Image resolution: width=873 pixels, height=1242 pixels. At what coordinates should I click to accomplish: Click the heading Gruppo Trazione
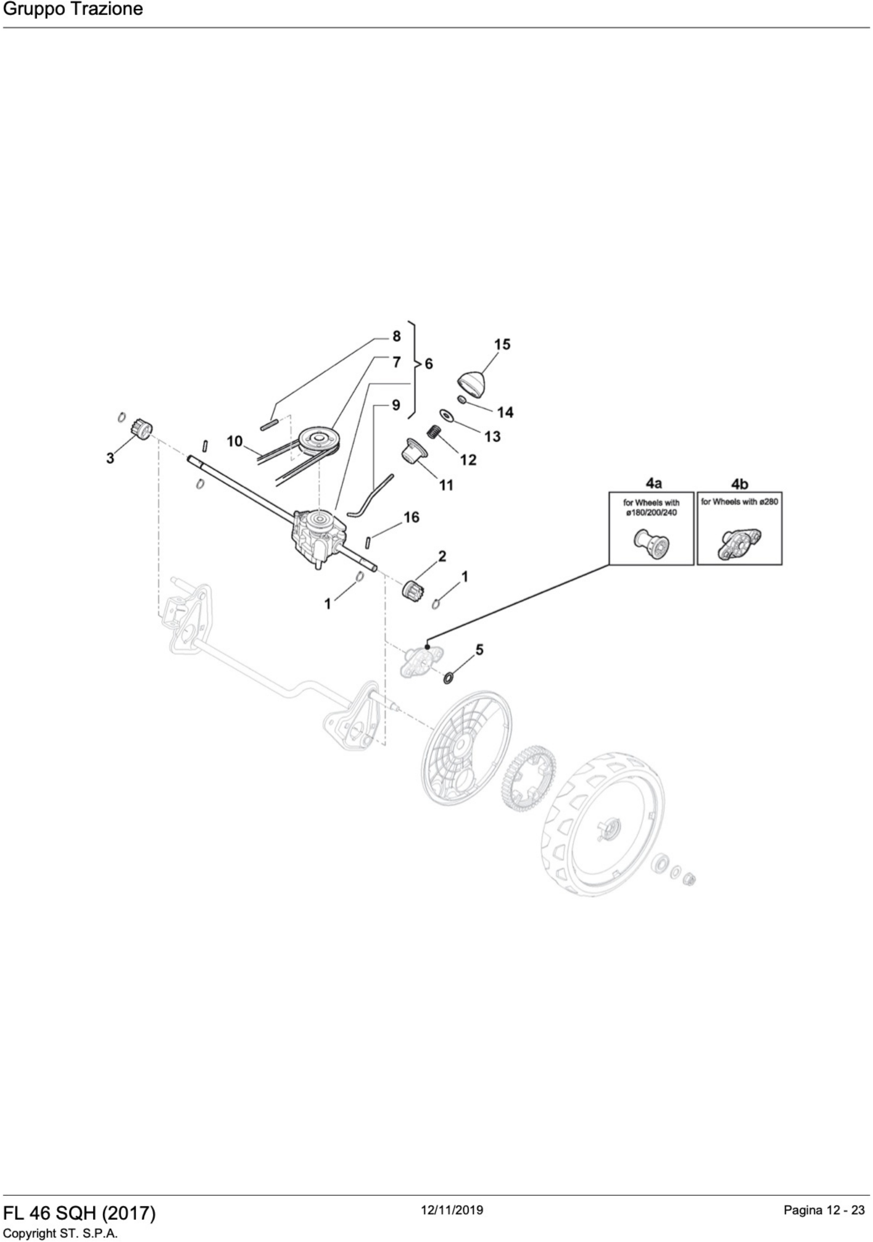tap(73, 9)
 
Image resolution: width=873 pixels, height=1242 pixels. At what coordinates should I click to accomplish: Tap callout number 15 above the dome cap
tap(502, 344)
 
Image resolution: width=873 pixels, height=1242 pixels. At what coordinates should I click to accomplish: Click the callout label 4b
tap(739, 483)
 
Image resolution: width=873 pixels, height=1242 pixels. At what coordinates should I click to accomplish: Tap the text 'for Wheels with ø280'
tap(739, 502)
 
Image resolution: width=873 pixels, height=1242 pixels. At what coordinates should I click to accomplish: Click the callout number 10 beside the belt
tap(234, 442)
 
